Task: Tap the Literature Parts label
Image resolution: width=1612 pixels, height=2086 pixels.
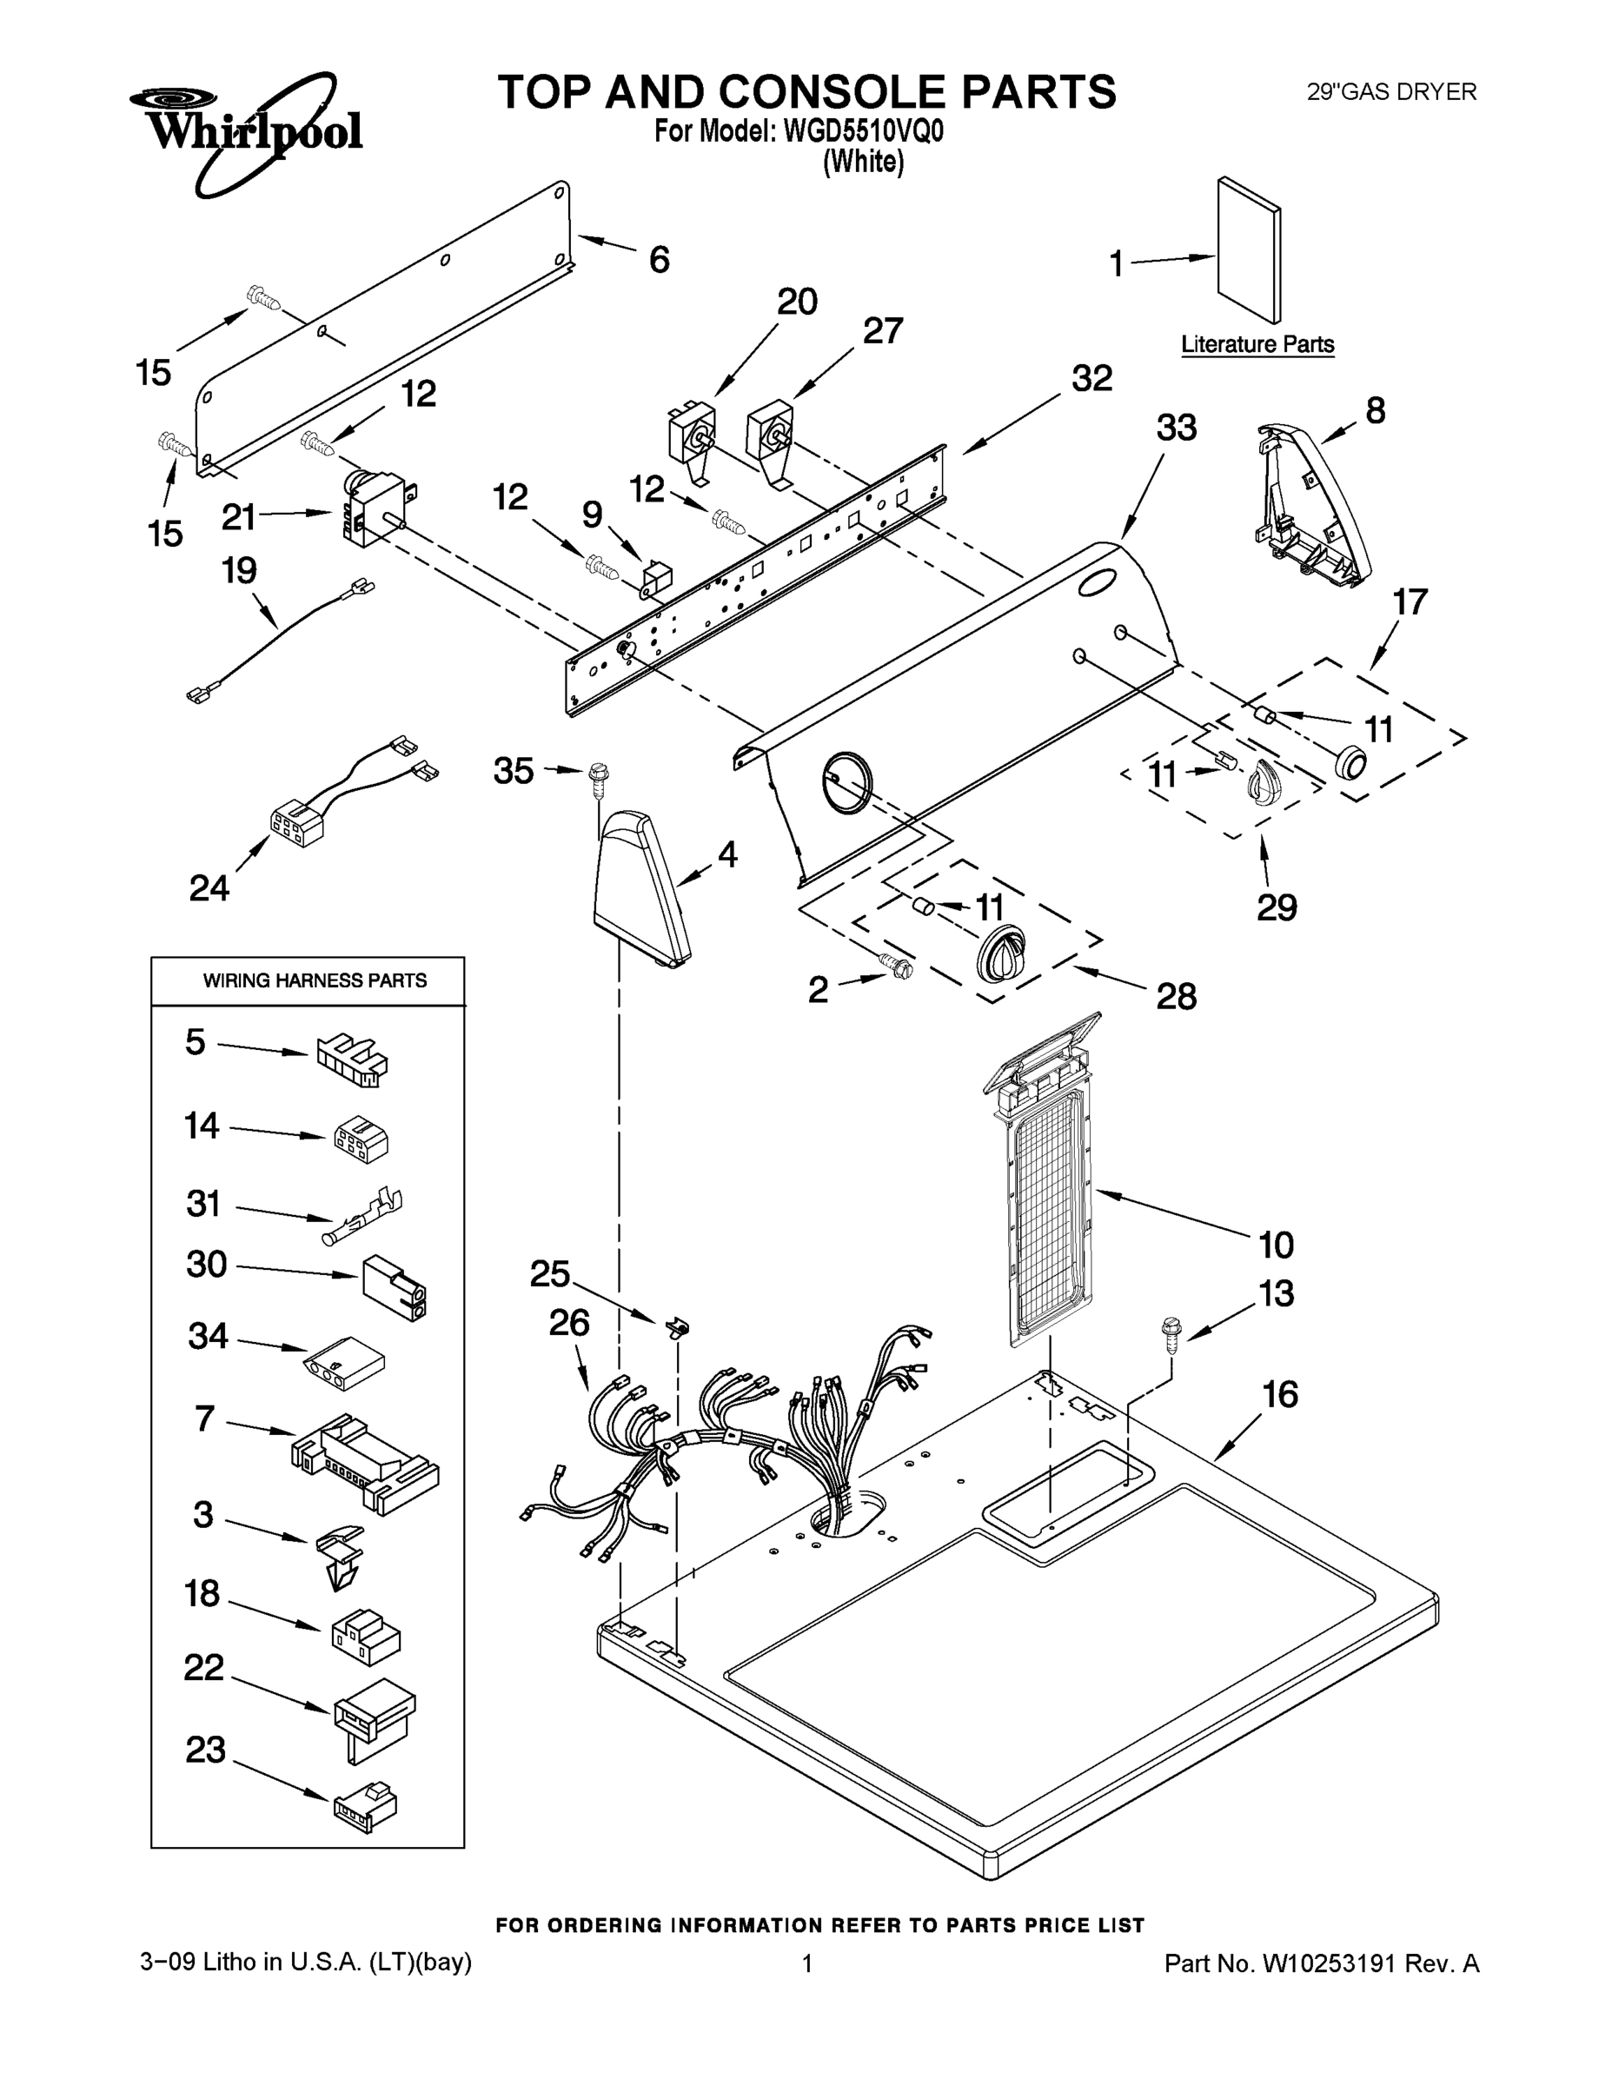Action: point(1257,344)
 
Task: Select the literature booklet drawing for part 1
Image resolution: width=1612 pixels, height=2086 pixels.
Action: point(1248,250)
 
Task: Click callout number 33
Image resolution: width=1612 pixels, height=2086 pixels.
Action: point(1176,428)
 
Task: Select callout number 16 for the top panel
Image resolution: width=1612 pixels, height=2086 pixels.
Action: point(1280,1395)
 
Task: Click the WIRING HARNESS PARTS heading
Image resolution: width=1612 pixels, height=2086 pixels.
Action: point(315,981)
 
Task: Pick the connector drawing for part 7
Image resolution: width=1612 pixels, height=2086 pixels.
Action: point(363,1462)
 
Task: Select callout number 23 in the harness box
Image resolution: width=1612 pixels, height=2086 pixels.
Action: point(205,1750)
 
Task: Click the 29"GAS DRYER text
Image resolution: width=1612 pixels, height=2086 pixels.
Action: point(1390,93)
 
